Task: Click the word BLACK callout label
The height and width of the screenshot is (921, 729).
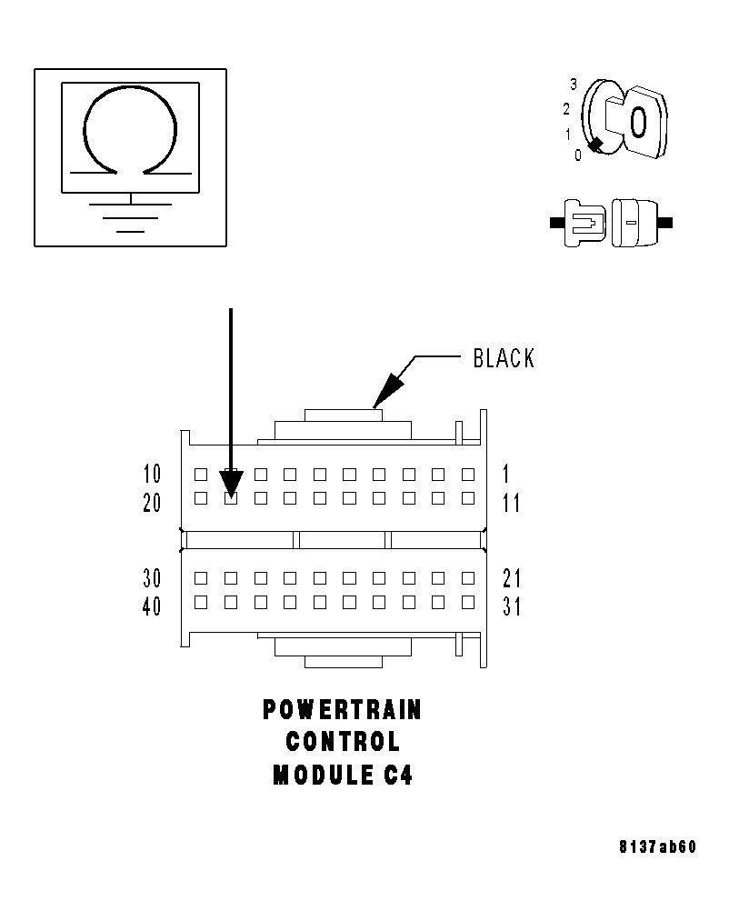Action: click(504, 358)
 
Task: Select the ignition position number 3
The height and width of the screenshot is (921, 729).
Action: click(574, 85)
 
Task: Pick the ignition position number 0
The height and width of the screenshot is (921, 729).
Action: click(577, 155)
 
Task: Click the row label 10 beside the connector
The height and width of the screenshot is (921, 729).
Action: click(152, 474)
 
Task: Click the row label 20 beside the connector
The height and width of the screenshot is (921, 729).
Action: click(152, 502)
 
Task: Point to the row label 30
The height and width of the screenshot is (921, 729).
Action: click(152, 578)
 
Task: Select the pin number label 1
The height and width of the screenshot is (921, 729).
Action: click(506, 474)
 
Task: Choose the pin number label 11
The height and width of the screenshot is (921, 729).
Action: click(511, 502)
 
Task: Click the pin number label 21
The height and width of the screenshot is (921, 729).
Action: click(511, 578)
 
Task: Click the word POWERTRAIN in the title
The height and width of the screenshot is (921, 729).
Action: click(342, 709)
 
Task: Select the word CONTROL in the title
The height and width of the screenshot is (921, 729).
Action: click(342, 742)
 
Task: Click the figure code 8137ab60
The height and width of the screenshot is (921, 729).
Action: click(657, 847)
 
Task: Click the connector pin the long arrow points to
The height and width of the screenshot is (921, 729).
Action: click(231, 497)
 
